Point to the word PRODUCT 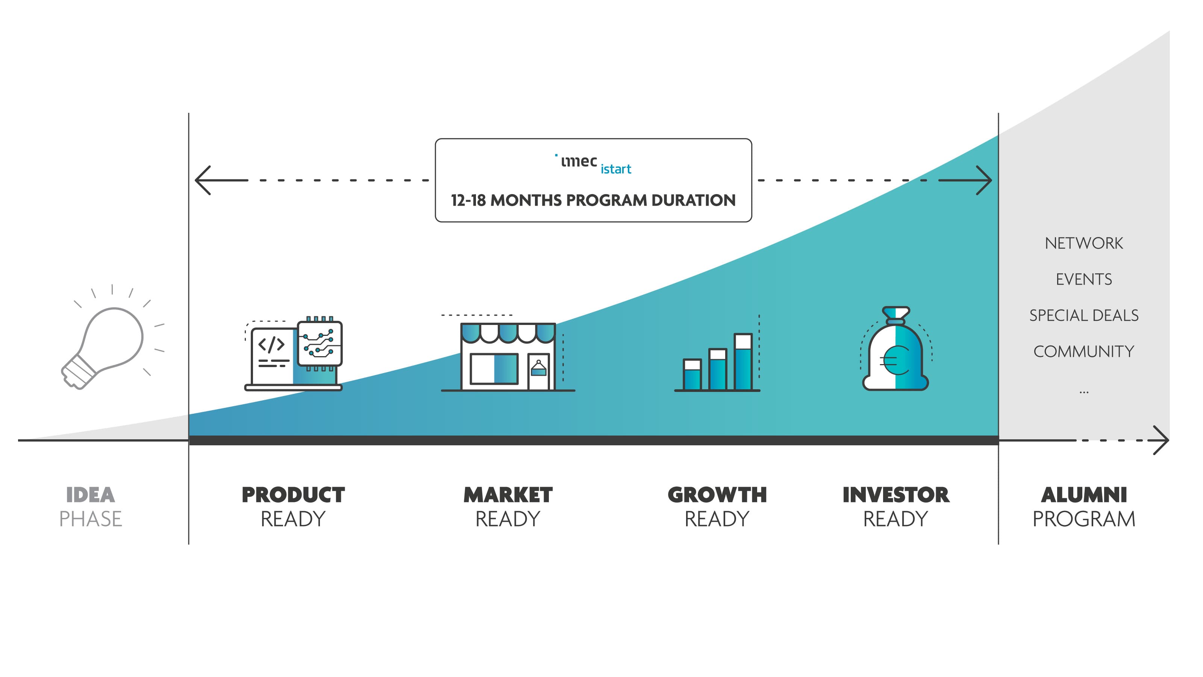(293, 495)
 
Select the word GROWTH (717, 495)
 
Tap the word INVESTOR (896, 495)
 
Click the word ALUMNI (1084, 495)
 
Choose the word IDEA (90, 495)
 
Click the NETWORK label (1084, 243)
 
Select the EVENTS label (1084, 279)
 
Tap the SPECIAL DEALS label (1084, 316)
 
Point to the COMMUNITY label (1084, 351)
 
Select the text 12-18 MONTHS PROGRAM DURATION (593, 200)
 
